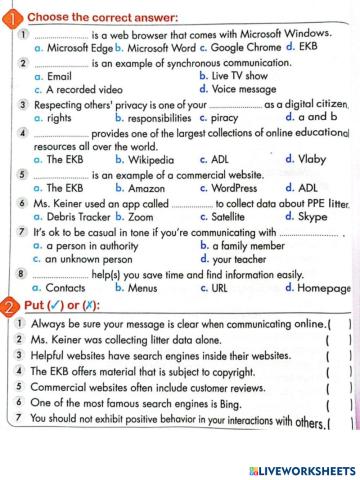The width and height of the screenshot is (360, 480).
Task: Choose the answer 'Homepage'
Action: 319,287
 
